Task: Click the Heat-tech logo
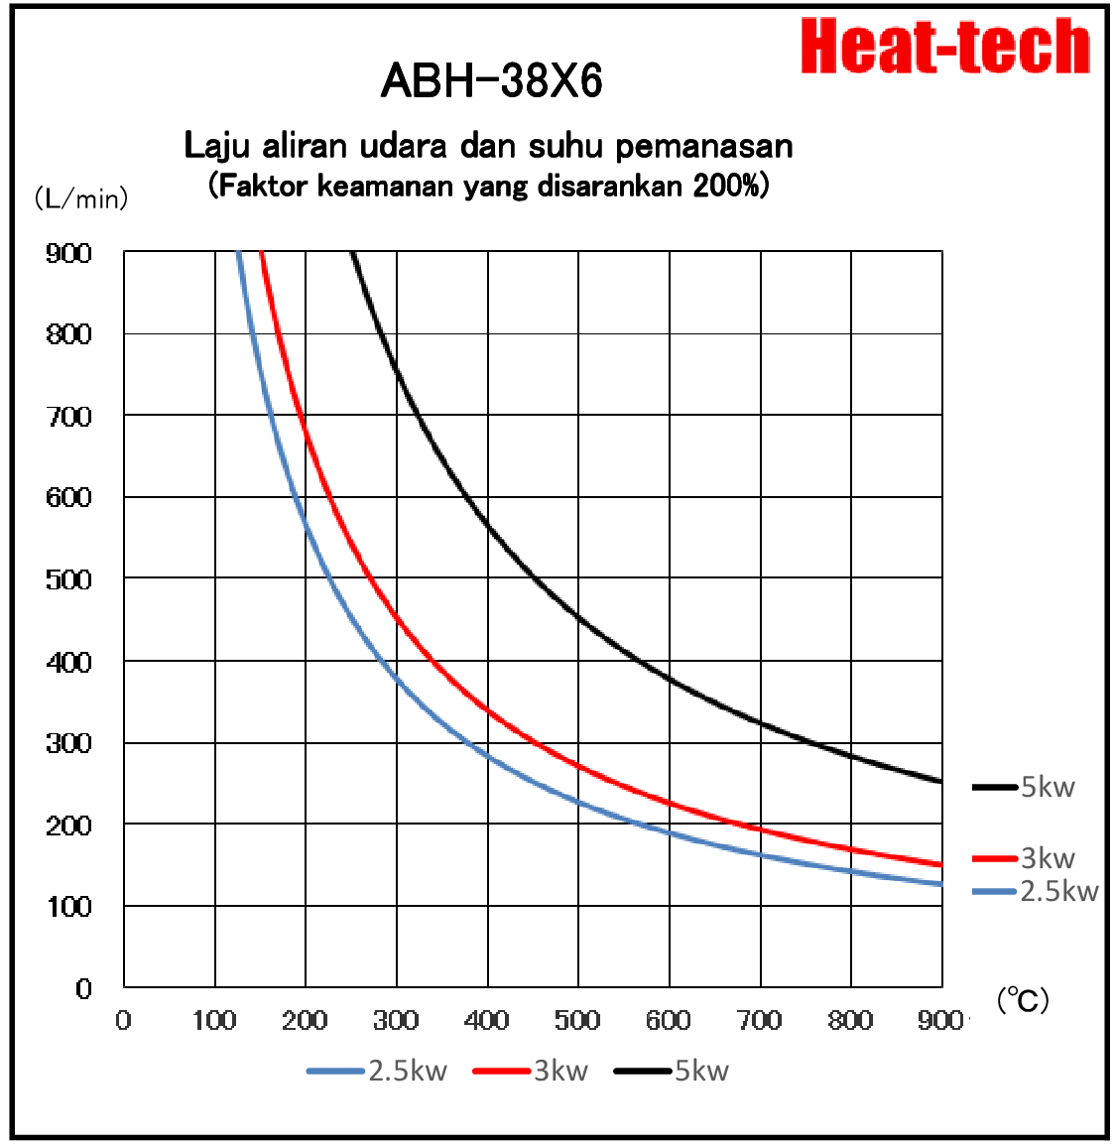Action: [945, 47]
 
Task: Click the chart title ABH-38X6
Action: [491, 80]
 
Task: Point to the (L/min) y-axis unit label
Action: [81, 198]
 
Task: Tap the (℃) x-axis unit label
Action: [1023, 999]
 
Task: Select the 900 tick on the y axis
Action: [68, 253]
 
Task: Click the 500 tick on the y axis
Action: [68, 579]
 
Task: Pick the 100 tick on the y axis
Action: [68, 906]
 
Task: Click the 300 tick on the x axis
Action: [396, 1020]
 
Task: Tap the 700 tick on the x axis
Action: [760, 1020]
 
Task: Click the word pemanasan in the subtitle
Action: [704, 146]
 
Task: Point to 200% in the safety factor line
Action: [730, 186]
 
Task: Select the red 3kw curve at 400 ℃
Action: [487, 708]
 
